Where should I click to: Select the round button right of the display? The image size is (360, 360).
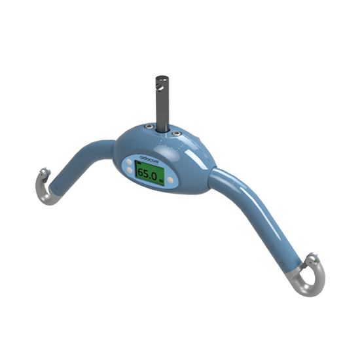pos(171,179)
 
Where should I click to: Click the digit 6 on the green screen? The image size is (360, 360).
pos(141,175)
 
